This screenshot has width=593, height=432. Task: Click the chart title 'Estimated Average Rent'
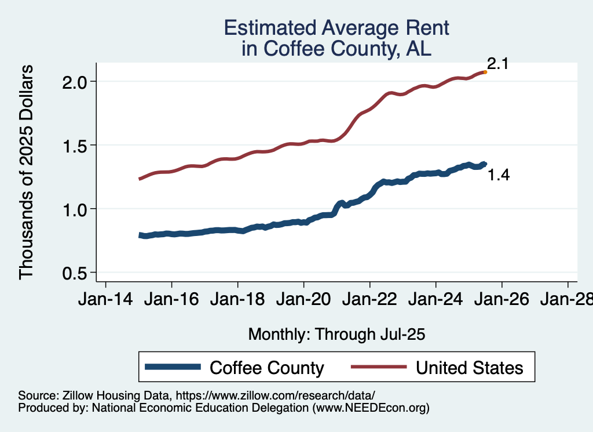click(x=336, y=27)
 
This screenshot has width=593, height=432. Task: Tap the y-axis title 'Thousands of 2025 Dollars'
click(x=26, y=172)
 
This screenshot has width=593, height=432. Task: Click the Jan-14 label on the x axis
click(x=105, y=300)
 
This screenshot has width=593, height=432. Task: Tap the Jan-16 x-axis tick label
click(x=171, y=300)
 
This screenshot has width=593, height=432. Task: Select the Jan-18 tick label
click(x=237, y=300)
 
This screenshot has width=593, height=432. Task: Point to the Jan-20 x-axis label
click(x=303, y=300)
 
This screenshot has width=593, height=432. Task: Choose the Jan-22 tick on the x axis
click(x=369, y=300)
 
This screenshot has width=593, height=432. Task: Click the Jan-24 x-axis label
click(x=435, y=300)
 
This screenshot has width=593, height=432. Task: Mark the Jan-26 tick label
click(x=502, y=300)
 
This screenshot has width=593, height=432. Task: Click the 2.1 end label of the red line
click(x=497, y=64)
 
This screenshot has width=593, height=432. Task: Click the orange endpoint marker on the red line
click(x=485, y=72)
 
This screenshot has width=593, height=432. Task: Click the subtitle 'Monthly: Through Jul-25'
click(x=336, y=335)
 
